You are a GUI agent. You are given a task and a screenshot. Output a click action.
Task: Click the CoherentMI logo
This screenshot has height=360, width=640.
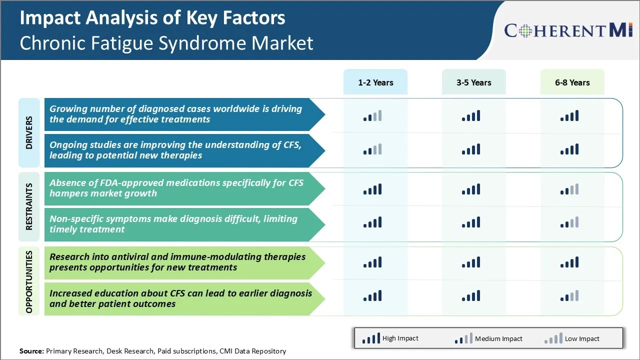point(569,31)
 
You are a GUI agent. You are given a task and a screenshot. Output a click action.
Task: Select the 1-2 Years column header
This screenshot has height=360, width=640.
point(375,82)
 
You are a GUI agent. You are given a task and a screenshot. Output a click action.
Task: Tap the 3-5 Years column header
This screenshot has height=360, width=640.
point(473,82)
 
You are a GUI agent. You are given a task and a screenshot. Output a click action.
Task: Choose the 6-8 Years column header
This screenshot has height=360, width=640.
point(572,82)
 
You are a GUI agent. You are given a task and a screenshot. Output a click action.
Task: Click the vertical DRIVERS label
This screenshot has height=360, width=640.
point(29,133)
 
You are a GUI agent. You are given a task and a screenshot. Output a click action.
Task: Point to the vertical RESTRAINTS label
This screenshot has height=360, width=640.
point(29,206)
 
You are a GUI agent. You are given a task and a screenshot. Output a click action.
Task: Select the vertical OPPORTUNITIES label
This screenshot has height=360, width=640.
point(29,282)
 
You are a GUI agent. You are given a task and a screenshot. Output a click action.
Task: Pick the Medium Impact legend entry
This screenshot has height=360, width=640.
point(488,338)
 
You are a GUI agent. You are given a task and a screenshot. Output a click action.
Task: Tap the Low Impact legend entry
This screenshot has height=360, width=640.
point(571,338)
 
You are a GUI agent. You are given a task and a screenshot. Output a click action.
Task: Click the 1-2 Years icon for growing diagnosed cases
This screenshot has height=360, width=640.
point(372,116)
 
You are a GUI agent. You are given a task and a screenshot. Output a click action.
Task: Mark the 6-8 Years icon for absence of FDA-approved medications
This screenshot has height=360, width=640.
point(569,189)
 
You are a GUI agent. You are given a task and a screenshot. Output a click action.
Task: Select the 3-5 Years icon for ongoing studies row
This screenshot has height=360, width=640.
point(471,149)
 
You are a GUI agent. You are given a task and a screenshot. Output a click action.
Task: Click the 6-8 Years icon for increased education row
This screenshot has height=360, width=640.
point(569,296)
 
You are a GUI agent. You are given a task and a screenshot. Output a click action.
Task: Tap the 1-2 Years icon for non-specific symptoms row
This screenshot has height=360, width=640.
point(372,222)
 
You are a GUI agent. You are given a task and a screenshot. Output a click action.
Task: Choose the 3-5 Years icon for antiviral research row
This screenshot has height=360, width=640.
point(471,262)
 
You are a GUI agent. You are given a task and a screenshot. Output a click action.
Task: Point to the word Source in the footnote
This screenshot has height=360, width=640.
point(31,351)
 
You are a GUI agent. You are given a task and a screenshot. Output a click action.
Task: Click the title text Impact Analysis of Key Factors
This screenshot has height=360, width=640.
point(152,18)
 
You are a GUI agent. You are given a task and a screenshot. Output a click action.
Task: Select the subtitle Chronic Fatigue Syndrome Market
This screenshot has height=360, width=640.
point(166,43)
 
